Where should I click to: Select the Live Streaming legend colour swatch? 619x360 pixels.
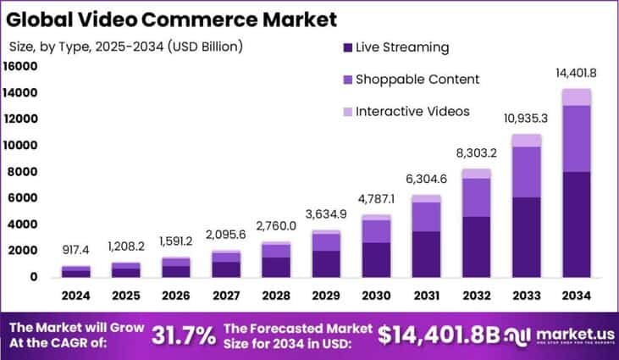pos(347,47)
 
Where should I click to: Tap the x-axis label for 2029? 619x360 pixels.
pos(327,296)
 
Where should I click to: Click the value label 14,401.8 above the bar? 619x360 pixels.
pos(576,74)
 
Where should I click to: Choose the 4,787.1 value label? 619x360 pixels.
pos(377,200)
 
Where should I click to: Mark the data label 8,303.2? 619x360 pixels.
pos(477,153)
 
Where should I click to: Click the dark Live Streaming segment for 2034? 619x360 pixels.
pos(577,224)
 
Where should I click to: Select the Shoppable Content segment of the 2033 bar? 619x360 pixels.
pos(527,172)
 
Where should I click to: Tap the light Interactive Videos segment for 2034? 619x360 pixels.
pos(577,97)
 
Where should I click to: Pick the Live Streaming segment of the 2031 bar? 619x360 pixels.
pos(427,253)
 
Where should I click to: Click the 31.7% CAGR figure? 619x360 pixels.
pos(183,335)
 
